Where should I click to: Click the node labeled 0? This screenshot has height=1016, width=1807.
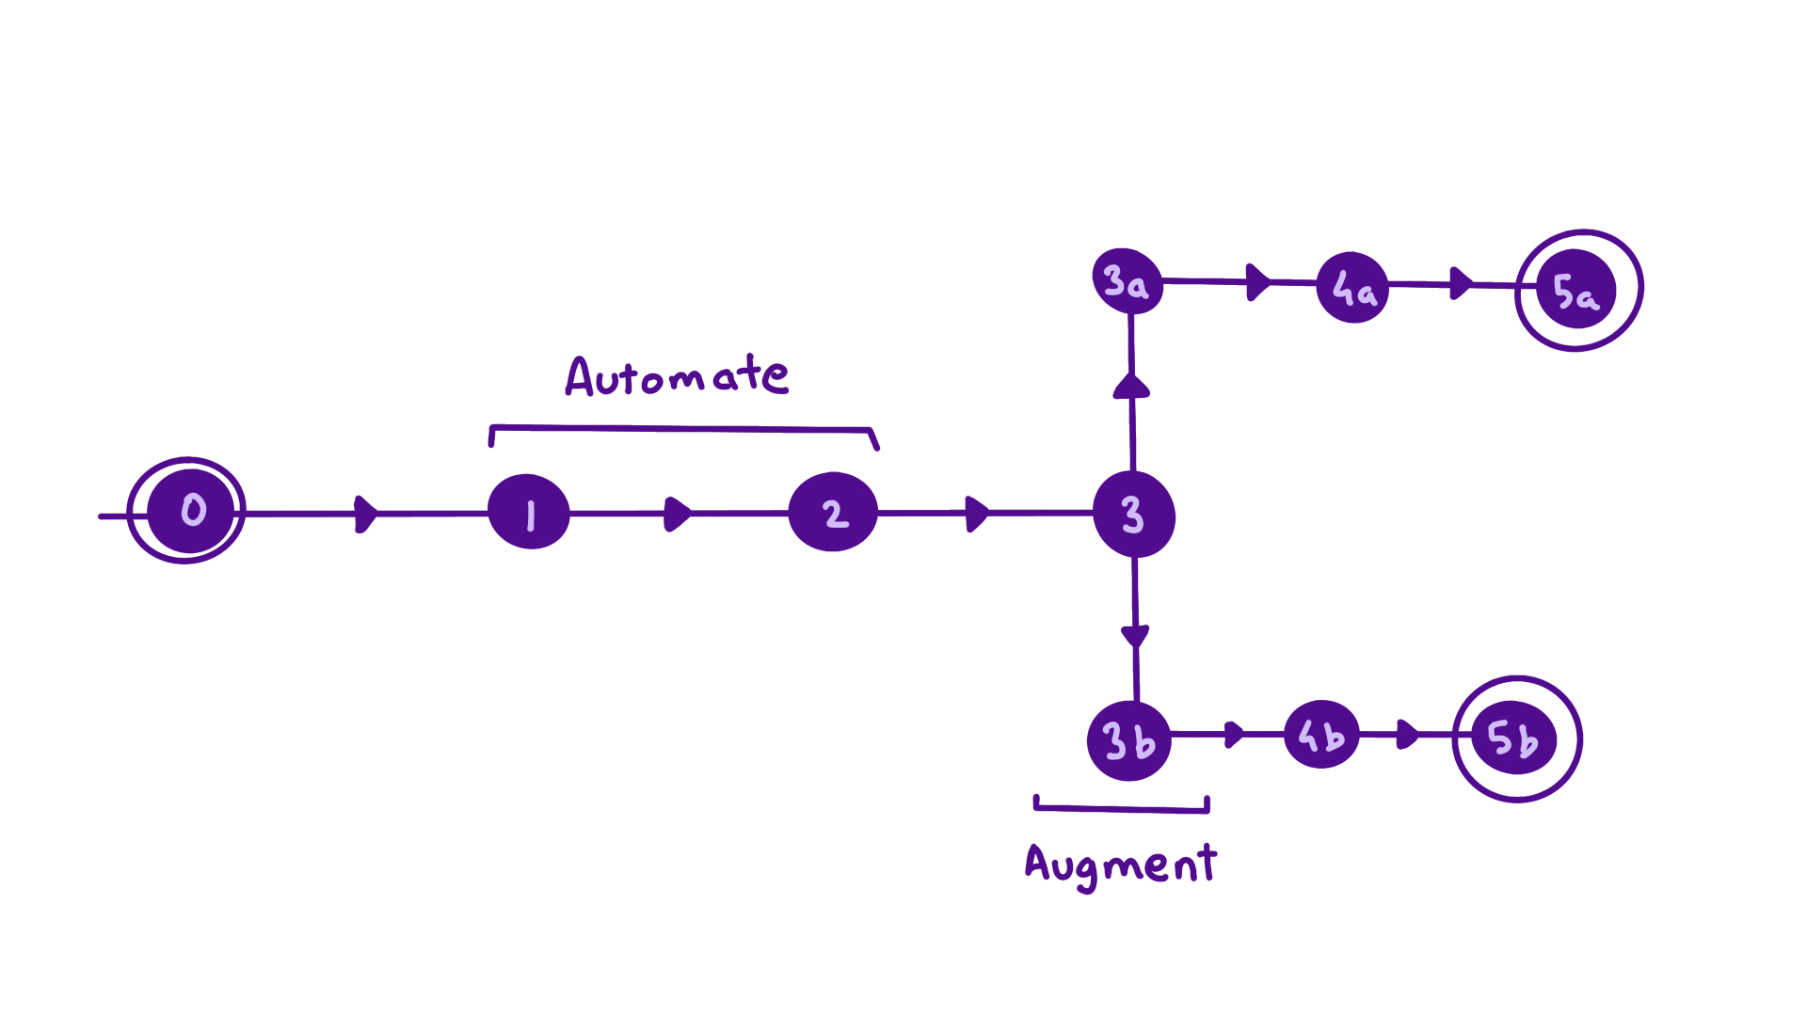192,511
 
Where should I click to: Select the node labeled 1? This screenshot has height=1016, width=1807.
529,513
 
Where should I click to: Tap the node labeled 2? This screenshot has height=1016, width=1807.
834,513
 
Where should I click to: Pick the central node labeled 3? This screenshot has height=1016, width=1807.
1134,515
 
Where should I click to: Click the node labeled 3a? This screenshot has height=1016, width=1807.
1127,281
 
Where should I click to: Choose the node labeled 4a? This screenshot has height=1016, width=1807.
1353,288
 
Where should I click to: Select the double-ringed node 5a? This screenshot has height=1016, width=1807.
1577,291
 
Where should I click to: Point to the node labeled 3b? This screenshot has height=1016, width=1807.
1128,741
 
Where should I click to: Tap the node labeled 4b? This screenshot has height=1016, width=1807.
1321,735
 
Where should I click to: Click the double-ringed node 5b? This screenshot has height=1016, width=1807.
1514,739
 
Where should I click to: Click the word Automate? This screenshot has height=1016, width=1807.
676,376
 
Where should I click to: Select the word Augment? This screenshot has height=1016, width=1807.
1120,864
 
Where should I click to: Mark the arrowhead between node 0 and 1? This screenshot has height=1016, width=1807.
365,514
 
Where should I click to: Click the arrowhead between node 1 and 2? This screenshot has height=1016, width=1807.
677,514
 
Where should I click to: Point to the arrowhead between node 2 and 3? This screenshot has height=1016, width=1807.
977,514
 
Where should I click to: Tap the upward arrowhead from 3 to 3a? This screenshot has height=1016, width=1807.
1131,387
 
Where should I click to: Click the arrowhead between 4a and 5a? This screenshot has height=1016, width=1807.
1461,283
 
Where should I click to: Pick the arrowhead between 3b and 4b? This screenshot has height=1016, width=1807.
1234,734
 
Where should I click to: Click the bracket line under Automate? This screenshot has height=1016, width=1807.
682,429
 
